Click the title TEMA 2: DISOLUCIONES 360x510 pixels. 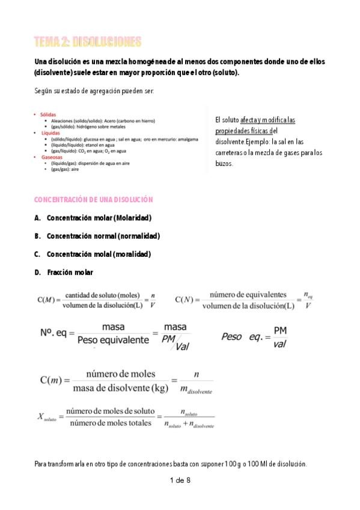(x=88, y=41)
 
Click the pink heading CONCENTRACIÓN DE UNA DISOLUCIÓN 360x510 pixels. (x=93, y=199)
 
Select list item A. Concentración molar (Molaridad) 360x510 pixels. (x=93, y=218)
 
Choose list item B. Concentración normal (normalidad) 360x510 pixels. (x=97, y=236)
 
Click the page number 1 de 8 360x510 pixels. (x=180, y=480)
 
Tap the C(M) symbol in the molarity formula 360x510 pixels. (x=46, y=300)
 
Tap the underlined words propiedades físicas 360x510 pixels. (x=243, y=131)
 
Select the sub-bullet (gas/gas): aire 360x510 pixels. (x=65, y=169)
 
